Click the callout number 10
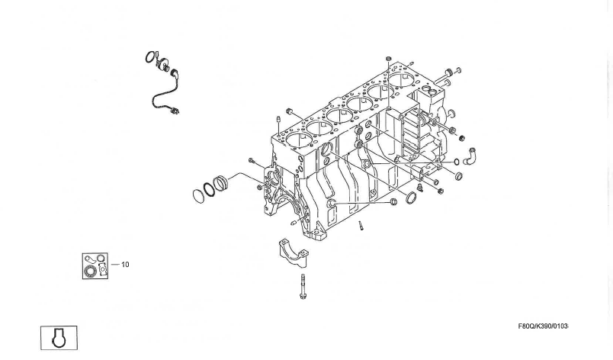coord(125,265)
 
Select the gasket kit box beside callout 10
coord(95,265)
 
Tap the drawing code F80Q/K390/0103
coord(543,326)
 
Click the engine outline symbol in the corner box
coord(59,338)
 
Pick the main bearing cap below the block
coord(294,253)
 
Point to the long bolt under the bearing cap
coord(303,287)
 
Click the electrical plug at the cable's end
coord(175,111)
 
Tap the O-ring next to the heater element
coord(149,57)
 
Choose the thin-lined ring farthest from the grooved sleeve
coord(199,196)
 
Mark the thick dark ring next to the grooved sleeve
coord(209,190)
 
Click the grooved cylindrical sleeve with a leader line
coord(221,183)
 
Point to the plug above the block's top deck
coord(388,59)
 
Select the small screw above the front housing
coord(252,160)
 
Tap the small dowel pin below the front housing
coord(294,223)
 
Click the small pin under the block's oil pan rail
coord(361,226)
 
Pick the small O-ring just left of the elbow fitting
coord(457,162)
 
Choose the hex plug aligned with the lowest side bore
coord(393,201)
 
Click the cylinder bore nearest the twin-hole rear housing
coord(402,80)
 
